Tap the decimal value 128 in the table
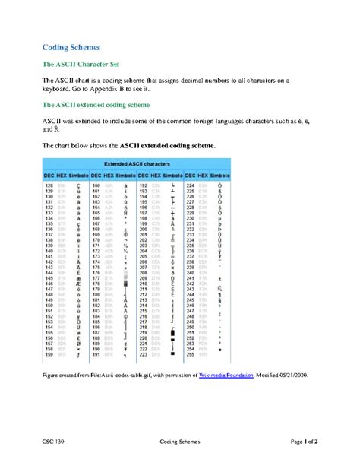pos(49,185)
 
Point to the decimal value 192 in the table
pos(143,185)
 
